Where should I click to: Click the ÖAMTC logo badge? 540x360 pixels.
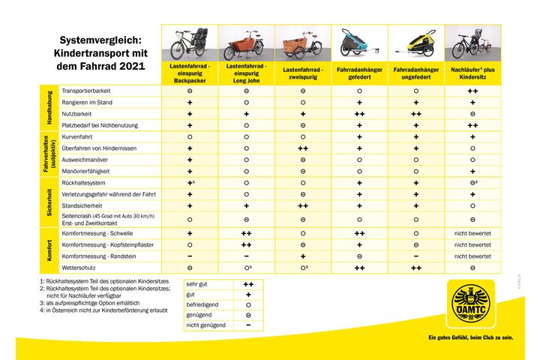(470, 304)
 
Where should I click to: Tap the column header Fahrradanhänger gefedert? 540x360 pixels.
(359, 73)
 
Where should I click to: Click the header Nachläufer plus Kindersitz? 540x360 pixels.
(472, 73)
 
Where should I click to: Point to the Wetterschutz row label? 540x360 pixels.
(79, 267)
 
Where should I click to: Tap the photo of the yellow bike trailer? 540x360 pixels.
(415, 44)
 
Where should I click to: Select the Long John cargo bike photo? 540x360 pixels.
(246, 44)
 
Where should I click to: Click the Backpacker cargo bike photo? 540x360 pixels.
(190, 44)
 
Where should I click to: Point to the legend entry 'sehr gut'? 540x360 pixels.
(198, 285)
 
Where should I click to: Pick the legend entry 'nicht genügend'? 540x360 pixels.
(205, 325)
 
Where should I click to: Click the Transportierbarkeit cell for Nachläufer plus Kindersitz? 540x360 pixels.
(472, 90)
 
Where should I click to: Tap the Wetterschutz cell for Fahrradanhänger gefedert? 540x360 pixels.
(359, 267)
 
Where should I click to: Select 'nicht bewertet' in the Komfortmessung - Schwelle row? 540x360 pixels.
(472, 233)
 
